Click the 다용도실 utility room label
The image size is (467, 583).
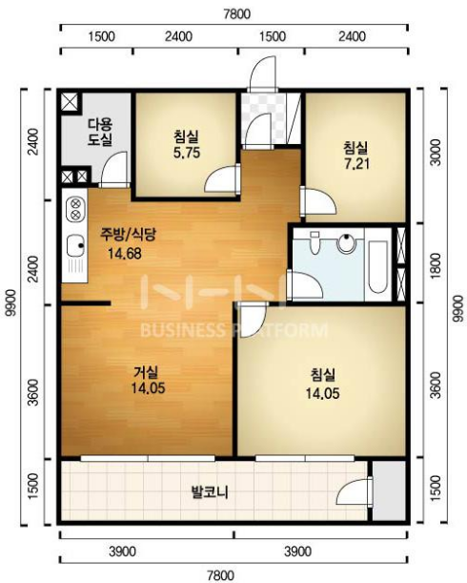100,132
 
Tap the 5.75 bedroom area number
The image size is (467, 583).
187,153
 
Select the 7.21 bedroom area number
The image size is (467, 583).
357,163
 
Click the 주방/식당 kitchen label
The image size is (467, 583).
128,234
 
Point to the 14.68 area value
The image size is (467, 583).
125,254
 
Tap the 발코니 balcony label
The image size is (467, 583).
210,492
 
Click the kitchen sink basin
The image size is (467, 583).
75,245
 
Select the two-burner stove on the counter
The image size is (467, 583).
75,209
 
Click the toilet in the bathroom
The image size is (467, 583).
315,242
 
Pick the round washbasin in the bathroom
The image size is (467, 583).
346,243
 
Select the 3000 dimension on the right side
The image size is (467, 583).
437,152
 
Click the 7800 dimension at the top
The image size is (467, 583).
237,13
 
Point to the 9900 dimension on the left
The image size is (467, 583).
13,302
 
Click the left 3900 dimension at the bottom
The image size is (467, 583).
122,552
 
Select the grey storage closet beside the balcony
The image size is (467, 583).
389,490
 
